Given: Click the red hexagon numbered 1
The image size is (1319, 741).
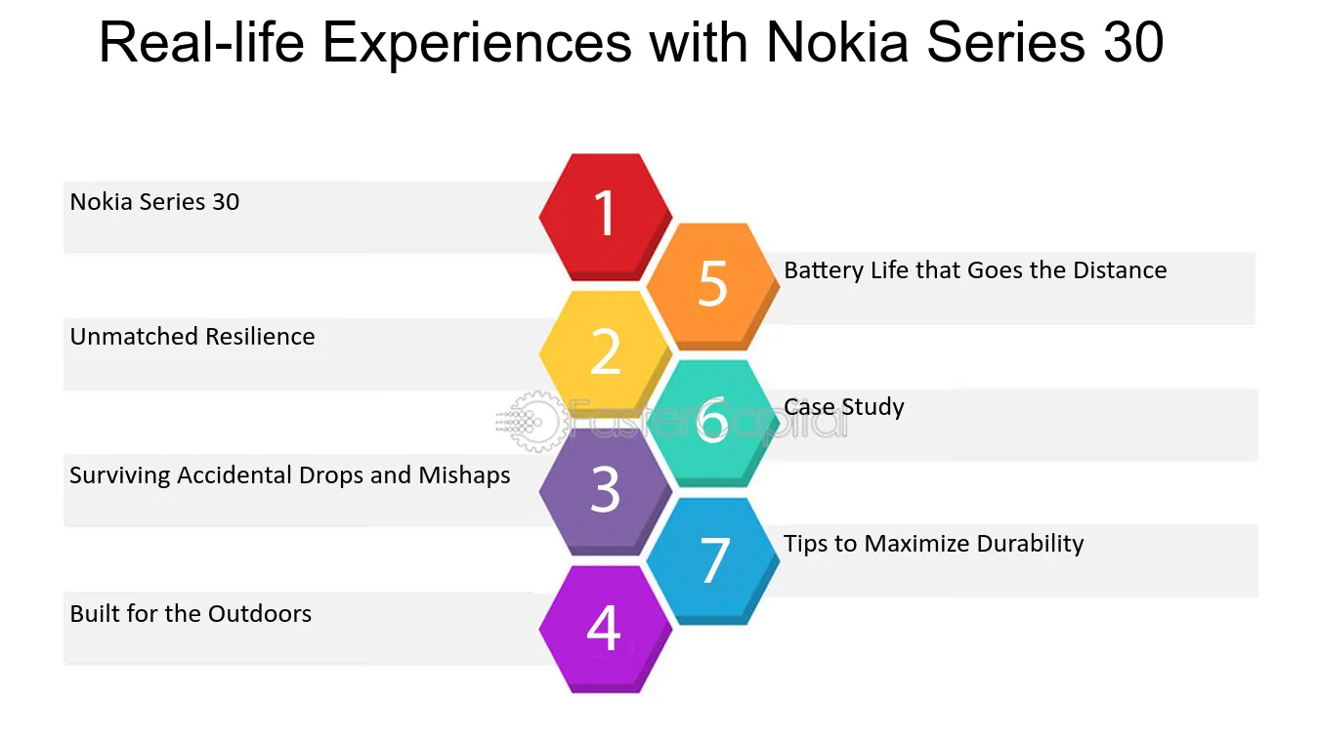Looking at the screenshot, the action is tap(606, 217).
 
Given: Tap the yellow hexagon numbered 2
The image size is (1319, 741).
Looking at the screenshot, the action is tap(606, 354).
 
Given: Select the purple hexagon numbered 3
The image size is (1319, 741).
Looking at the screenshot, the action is tap(606, 492).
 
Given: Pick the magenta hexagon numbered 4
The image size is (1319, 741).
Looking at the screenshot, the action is tap(606, 629).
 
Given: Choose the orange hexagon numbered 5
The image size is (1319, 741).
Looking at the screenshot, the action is tap(713, 286).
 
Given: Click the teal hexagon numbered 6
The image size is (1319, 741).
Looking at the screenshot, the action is tap(713, 423).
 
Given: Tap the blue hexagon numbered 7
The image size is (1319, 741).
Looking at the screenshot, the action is tap(713, 561).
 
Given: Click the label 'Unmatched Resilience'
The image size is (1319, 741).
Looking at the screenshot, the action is tap(192, 337).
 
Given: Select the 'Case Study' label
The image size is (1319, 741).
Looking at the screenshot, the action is tap(844, 407).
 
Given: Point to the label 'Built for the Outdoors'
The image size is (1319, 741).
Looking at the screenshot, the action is tap(191, 614).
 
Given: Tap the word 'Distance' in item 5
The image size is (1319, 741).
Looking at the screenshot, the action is tap(1120, 270).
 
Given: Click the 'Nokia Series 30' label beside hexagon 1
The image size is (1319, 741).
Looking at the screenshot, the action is tap(155, 202).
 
